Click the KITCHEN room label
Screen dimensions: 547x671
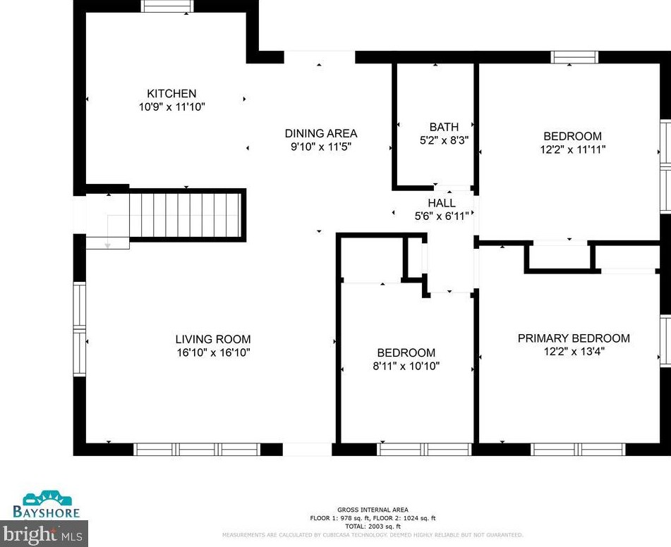coord(171,94)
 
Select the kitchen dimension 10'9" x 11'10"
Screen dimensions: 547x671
coord(171,107)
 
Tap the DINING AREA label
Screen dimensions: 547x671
coord(321,133)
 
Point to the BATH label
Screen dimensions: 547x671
coord(444,127)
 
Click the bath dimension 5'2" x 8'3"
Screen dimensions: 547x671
coord(444,140)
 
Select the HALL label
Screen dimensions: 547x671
coord(442,203)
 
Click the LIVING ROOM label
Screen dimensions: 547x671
coord(213,339)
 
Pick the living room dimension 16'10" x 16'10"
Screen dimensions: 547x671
coord(213,352)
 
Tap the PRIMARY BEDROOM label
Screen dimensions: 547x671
coord(574,338)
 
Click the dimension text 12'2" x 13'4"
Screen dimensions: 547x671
coord(574,352)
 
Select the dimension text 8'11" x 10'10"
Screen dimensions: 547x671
coord(406,366)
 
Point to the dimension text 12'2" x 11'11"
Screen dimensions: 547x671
coord(572,149)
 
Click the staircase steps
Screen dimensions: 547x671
coord(186,214)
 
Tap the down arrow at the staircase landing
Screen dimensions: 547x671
coord(107,244)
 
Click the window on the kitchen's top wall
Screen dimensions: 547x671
coord(167,6)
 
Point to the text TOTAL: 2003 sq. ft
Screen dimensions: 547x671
coord(372,527)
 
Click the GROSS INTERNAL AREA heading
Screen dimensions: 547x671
coord(372,510)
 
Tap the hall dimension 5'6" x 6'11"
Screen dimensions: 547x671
coord(442,216)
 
